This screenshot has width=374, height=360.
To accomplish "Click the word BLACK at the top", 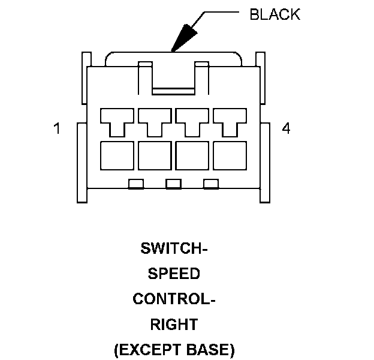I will (x=275, y=14).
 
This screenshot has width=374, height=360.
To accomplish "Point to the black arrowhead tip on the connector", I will (x=172, y=51).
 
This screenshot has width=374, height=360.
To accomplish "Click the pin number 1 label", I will (x=57, y=128).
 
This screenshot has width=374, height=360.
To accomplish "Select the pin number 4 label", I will (x=286, y=128).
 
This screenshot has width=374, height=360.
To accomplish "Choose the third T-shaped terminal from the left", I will (x=192, y=120).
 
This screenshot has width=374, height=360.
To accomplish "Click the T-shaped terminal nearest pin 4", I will (x=230, y=120).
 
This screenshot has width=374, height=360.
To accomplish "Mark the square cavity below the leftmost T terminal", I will (x=116, y=155).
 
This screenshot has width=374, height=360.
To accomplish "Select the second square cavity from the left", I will (x=154, y=155).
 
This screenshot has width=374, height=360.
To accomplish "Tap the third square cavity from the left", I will (x=192, y=155).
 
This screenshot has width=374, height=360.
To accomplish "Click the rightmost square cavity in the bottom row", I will (x=230, y=155).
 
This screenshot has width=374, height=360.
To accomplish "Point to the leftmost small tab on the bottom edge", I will (x=136, y=184).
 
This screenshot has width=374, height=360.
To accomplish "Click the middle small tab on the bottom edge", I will (x=173, y=184).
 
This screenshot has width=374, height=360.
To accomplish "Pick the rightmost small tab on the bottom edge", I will (x=210, y=184).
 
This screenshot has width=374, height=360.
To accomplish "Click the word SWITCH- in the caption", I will (x=174, y=248).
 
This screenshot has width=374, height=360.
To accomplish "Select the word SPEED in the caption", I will (x=174, y=274).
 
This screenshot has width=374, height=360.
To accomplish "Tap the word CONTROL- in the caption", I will (x=174, y=299).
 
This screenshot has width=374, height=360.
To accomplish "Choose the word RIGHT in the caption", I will (x=174, y=325).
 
